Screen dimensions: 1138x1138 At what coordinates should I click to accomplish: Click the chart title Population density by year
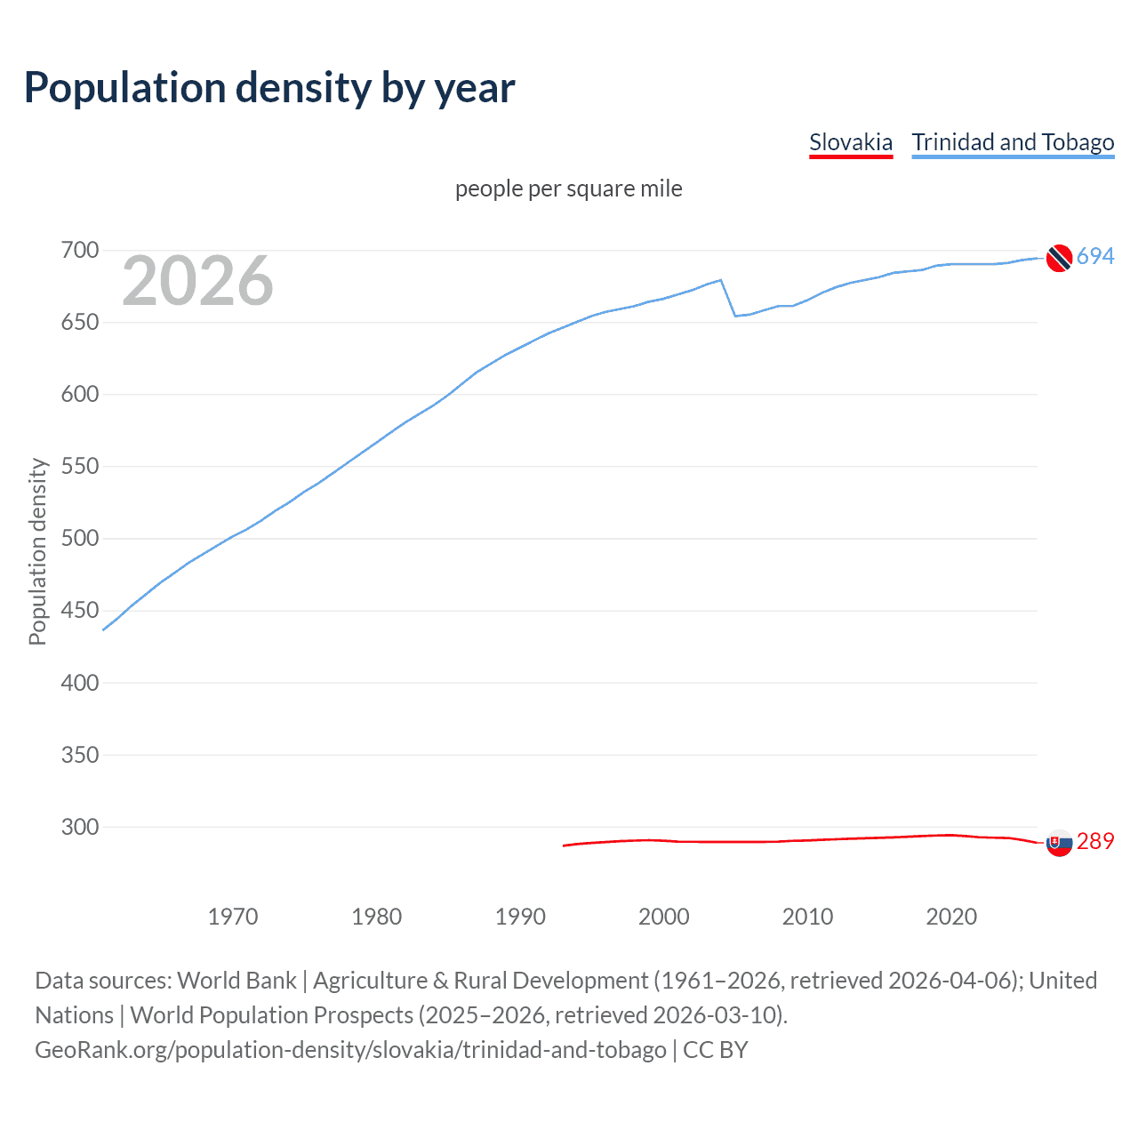click(269, 88)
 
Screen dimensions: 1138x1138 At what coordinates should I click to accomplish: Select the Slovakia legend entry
click(850, 142)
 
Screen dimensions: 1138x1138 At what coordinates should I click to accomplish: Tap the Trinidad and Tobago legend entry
click(1013, 142)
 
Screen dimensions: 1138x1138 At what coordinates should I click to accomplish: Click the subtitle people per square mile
click(568, 188)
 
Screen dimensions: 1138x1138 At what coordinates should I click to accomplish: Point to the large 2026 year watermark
click(197, 281)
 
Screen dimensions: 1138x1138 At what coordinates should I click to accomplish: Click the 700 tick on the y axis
click(79, 250)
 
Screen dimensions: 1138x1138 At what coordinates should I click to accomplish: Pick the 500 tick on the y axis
click(79, 538)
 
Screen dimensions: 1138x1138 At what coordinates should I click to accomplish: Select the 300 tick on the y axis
click(79, 827)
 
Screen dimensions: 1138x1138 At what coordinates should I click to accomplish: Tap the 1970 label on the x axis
click(233, 916)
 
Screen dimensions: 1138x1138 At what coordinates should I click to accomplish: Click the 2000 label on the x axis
click(663, 916)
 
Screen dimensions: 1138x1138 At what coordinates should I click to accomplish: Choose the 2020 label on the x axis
click(951, 916)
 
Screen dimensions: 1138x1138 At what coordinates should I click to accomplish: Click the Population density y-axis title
click(37, 551)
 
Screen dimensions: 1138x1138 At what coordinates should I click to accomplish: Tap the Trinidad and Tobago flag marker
click(1058, 258)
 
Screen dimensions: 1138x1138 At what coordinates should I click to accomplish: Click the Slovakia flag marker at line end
click(1058, 843)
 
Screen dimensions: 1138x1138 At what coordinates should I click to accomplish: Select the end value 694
click(1095, 256)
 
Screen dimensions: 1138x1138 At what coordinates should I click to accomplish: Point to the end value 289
click(1095, 841)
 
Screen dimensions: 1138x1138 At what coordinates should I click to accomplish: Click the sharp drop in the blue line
click(728, 298)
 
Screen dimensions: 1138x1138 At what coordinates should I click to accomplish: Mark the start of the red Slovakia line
click(564, 845)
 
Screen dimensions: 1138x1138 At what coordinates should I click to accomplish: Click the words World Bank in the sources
click(236, 981)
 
